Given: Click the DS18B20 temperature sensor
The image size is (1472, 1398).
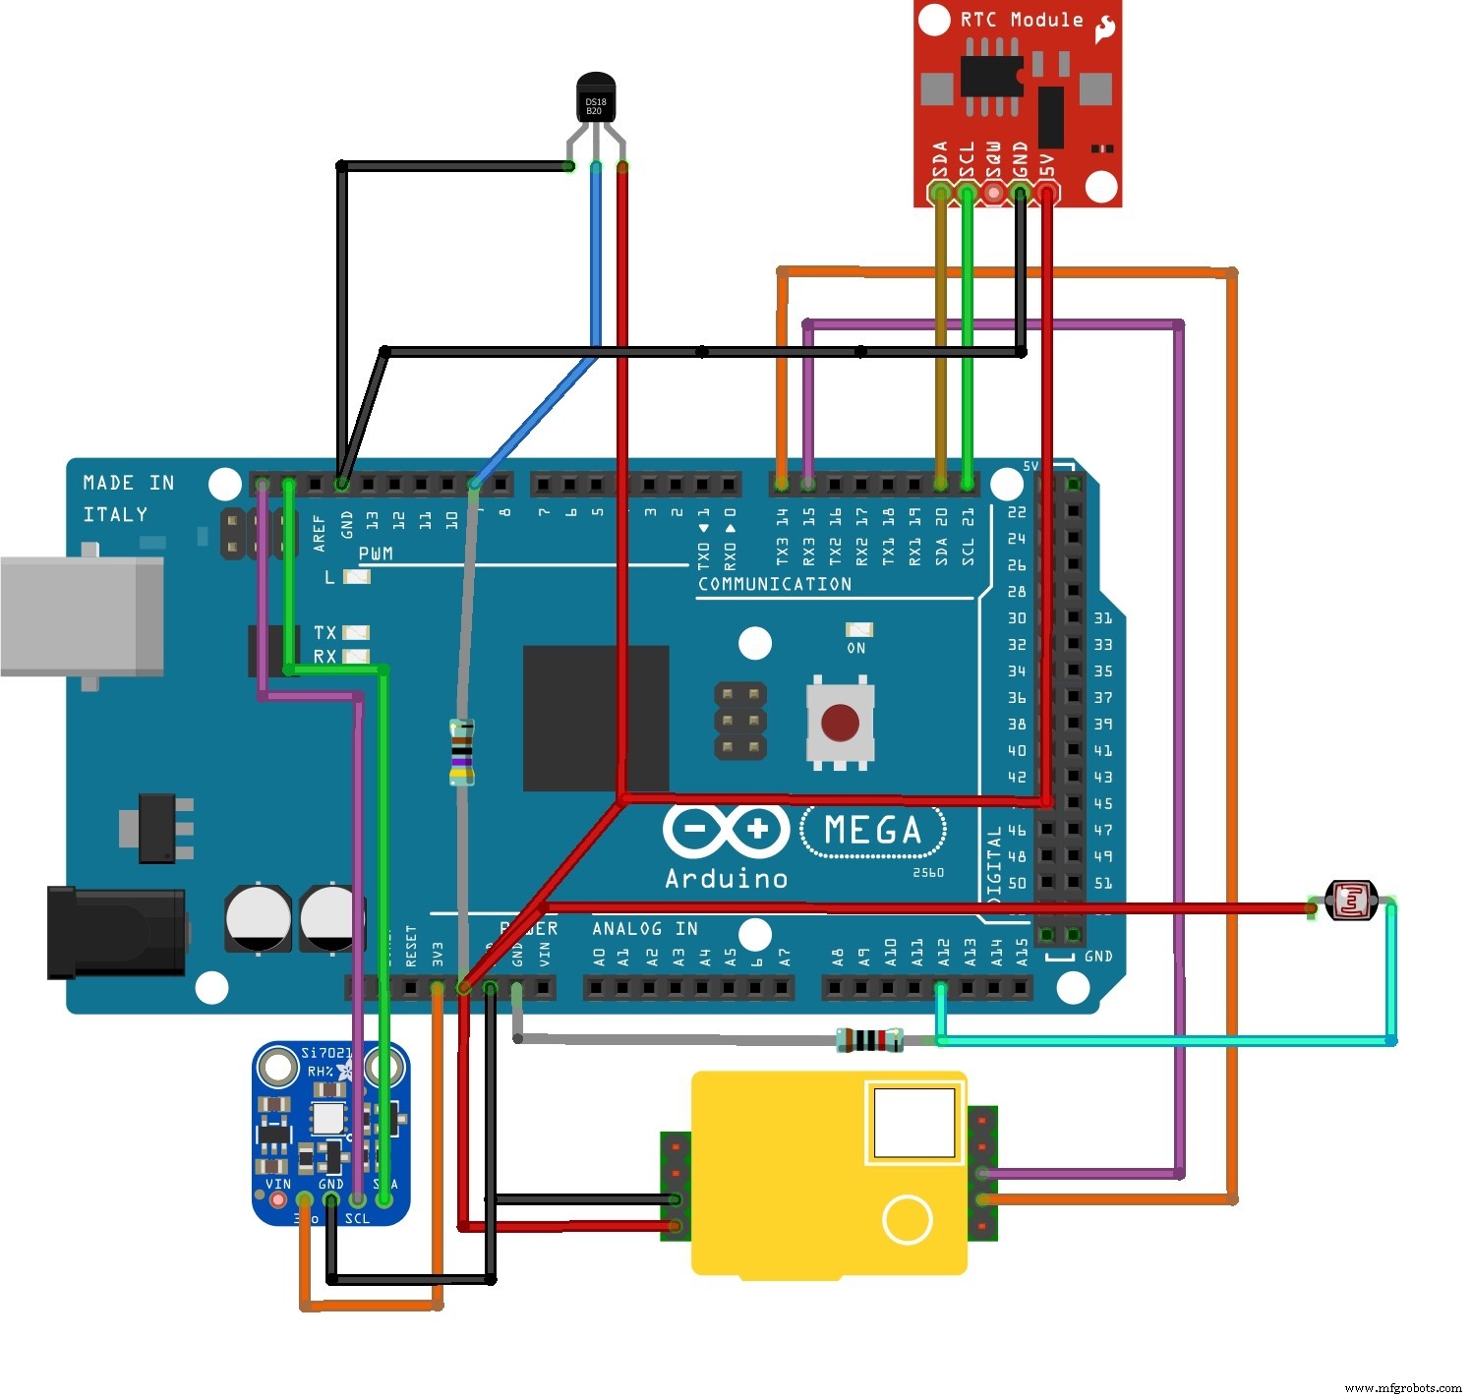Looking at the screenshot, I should (595, 101).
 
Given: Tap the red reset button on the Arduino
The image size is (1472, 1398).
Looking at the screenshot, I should (839, 723).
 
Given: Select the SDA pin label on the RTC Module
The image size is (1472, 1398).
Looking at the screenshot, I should (940, 160).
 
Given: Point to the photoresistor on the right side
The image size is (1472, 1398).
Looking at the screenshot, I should (1351, 900).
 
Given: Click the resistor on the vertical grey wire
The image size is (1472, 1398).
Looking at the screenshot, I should (461, 752).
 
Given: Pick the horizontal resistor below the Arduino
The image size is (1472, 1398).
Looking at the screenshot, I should (869, 1039).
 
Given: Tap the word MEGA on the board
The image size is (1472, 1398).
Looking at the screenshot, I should (872, 831).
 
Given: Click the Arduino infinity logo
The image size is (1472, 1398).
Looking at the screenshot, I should (726, 830).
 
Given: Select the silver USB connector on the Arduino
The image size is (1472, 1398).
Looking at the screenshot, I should (82, 616).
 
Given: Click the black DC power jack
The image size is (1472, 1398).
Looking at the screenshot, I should (116, 931).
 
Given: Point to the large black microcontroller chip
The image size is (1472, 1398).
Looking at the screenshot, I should (596, 718).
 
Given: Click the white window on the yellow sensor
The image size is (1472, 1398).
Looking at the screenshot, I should (913, 1122).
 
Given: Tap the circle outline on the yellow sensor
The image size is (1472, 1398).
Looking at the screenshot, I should (907, 1219).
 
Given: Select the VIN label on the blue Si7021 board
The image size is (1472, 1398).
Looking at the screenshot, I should (278, 1184).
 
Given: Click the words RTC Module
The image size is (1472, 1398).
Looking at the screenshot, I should (1021, 20).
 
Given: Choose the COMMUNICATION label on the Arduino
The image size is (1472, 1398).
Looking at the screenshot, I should (775, 584).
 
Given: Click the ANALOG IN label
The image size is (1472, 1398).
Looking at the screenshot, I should (645, 928).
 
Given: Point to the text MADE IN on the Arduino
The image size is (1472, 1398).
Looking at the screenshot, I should (128, 483).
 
